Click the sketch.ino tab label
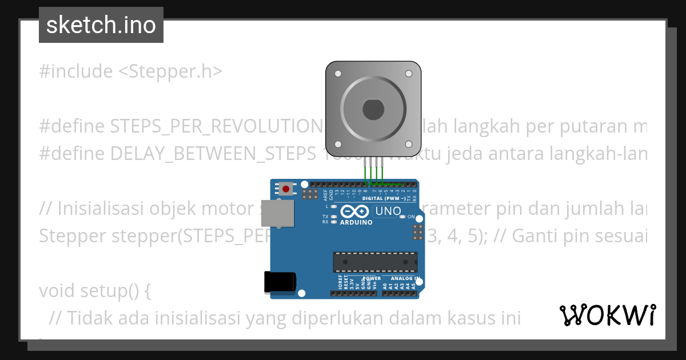101,25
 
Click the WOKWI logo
608,315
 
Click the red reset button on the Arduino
286,188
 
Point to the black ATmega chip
375,261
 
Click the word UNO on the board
388,211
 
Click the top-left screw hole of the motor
338,74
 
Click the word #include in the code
76,72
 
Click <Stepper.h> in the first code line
170,72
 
